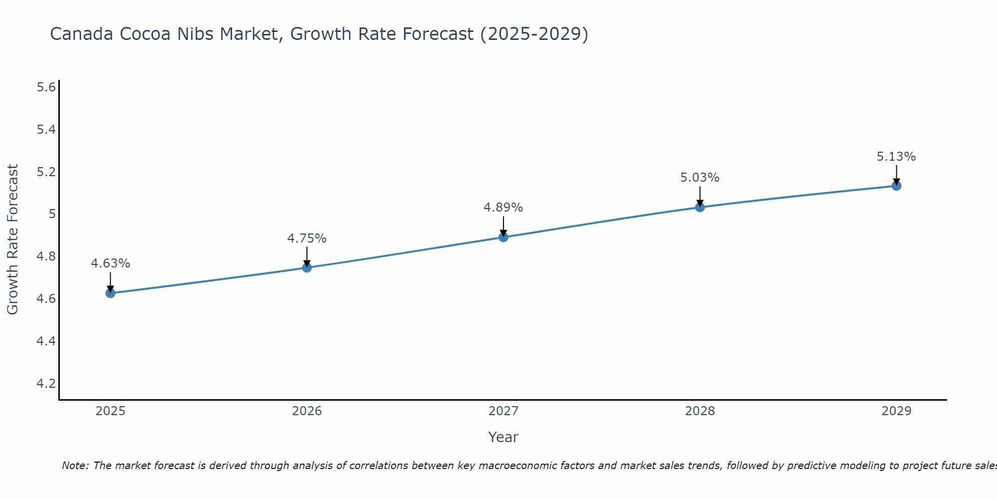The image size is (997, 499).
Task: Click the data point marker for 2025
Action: (111, 293)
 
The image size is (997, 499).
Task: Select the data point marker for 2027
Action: (503, 237)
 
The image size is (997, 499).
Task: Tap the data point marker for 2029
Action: (896, 186)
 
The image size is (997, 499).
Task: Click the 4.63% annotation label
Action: (111, 263)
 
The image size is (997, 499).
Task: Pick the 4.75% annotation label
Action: (307, 239)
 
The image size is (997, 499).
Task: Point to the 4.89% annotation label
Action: (503, 208)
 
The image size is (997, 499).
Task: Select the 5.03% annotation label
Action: (700, 178)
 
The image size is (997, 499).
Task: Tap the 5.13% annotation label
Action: (896, 157)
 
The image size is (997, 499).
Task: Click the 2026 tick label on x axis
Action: (307, 411)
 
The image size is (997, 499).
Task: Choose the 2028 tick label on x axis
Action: (700, 411)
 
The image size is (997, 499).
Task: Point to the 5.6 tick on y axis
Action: (46, 88)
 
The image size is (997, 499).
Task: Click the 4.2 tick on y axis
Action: (46, 384)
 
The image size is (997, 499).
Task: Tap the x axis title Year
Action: (503, 437)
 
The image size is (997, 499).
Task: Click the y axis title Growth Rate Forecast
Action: (12, 240)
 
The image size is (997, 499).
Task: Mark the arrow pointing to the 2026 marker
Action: (307, 256)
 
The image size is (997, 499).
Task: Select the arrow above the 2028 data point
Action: (700, 196)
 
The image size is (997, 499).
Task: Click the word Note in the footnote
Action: (75, 466)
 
